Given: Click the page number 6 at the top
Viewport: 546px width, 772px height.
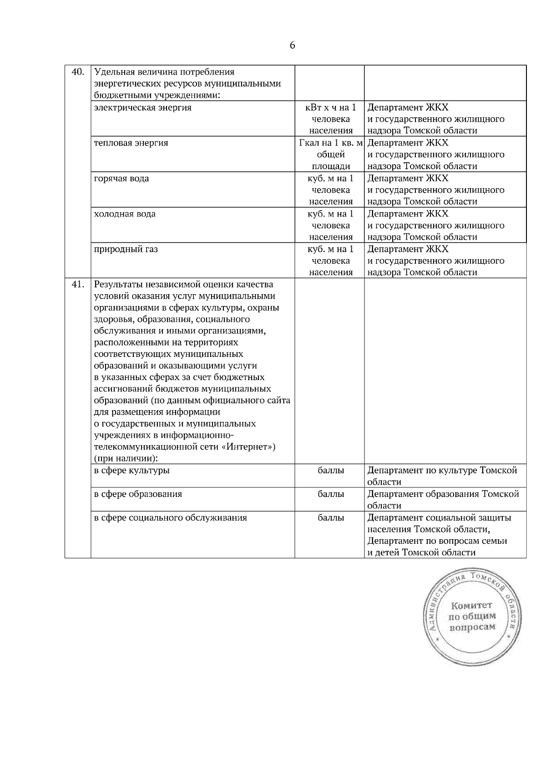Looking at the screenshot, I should point(292,45).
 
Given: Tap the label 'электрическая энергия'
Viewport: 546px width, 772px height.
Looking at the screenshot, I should point(142,108).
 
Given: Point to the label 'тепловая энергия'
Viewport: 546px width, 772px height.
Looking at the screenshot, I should point(131,143).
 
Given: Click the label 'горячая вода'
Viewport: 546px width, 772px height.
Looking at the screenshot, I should point(121,179).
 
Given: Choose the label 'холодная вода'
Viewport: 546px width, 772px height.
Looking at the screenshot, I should point(125,214).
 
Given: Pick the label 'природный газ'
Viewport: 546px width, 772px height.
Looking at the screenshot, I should point(126,250).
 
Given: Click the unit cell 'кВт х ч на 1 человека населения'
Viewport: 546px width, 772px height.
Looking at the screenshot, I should point(331,119).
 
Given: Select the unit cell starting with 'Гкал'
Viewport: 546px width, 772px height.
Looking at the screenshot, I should point(331,155).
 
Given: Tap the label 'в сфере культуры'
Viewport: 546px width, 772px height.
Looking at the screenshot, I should point(132,471).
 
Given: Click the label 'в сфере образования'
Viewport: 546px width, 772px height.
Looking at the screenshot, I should point(138,494).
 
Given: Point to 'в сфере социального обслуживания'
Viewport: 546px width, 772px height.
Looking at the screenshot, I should point(171,518).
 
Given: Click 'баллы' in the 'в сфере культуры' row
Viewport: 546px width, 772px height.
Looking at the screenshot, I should point(331,471).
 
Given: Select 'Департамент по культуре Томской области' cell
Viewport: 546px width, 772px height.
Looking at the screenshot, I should point(442,476).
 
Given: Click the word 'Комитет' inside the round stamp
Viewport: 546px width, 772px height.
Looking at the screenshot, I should point(472,606).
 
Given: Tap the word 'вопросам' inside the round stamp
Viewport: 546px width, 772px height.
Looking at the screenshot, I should point(472,627).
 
